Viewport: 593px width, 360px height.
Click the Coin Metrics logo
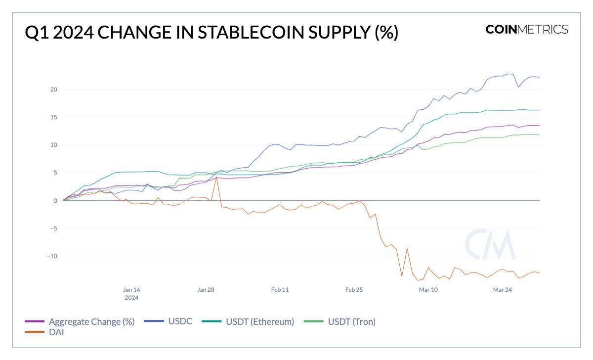coord(526,29)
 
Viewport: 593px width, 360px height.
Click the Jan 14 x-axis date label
coord(131,290)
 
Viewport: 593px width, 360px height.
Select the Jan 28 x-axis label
coord(206,290)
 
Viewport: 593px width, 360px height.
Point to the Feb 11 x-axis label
coord(280,290)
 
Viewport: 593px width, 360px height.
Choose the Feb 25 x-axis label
coord(354,290)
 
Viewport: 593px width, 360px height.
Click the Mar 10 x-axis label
coord(428,290)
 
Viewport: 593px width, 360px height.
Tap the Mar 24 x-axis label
coord(502,290)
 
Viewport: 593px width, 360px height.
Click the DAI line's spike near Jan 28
coord(216,178)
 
